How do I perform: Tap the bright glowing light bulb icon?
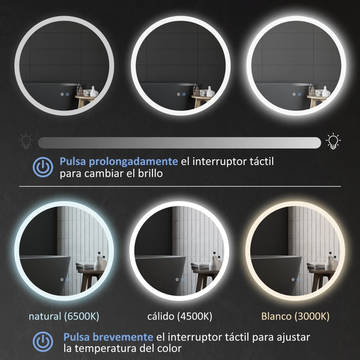pos(333,141)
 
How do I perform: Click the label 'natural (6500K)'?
pos(63,316)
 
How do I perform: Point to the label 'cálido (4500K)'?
pos(180,316)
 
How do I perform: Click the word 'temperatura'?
pos(107,349)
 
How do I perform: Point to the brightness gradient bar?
pos(180,143)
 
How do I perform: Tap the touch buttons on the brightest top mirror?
pos(297,95)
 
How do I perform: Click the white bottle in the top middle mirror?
pos(210,91)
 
